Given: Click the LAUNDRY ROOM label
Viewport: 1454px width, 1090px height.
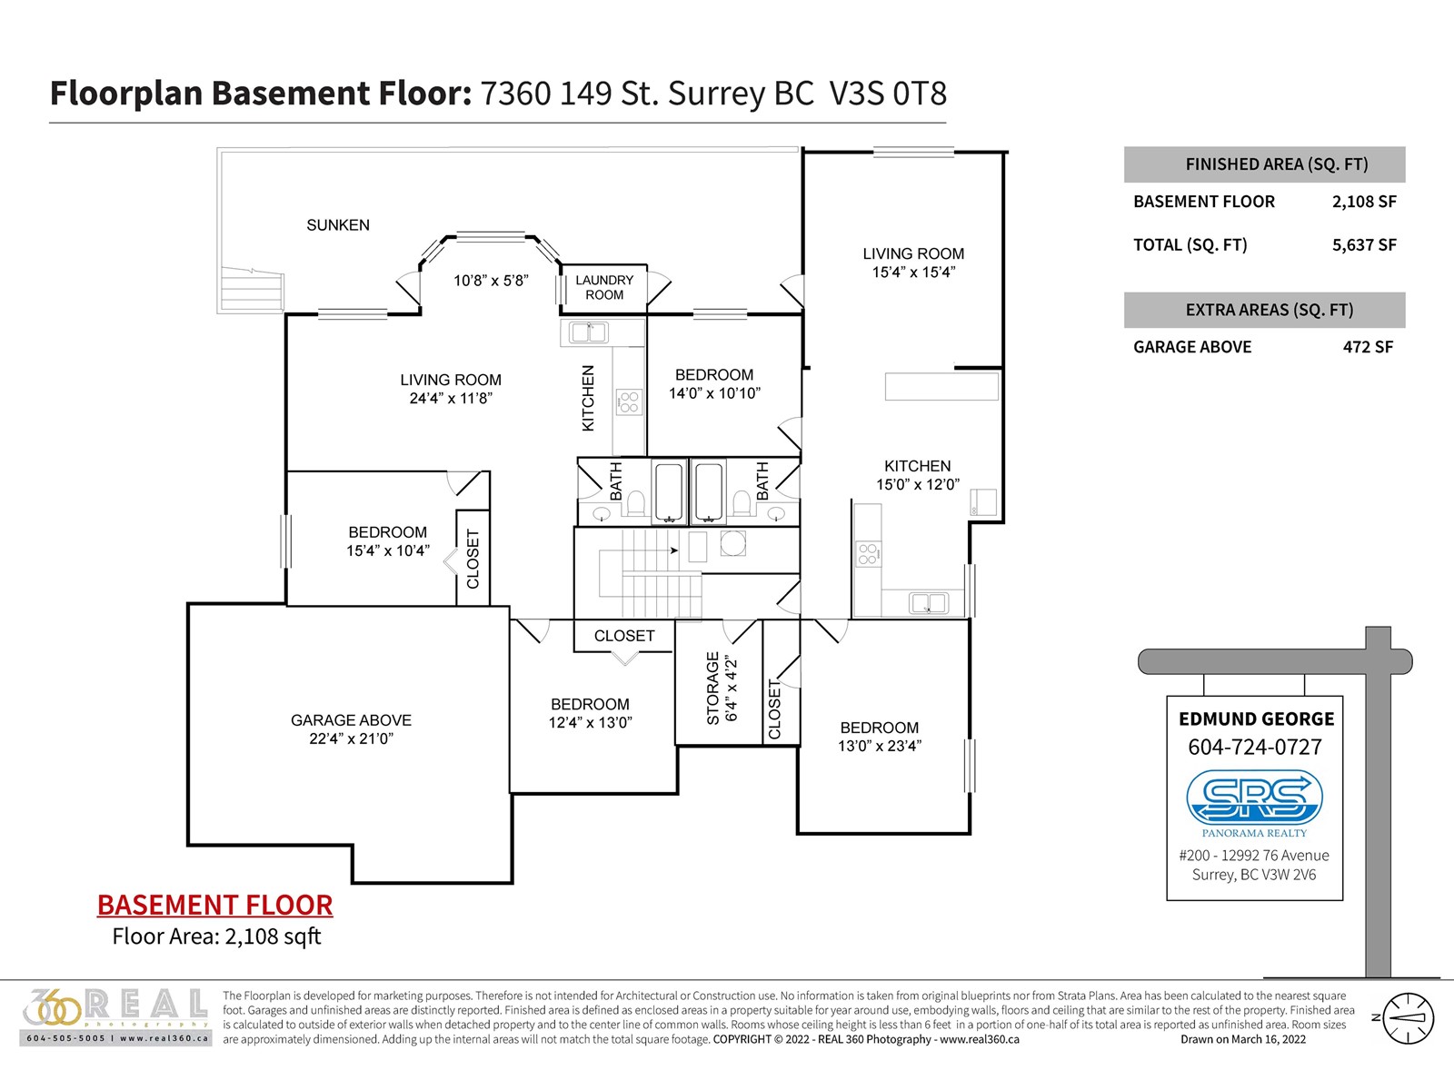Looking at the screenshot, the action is [604, 287].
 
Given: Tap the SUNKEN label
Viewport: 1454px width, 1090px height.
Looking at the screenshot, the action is [338, 225].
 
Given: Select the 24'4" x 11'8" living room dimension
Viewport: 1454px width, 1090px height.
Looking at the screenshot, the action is [451, 398].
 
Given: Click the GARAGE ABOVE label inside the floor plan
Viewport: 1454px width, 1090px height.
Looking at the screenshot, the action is [351, 720].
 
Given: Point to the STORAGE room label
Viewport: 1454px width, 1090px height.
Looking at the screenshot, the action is [712, 689].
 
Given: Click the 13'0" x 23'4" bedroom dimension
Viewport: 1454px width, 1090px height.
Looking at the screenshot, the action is [880, 746].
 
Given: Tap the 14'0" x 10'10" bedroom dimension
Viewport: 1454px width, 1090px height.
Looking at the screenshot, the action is [715, 393].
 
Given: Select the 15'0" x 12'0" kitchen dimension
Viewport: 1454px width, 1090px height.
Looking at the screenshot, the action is [918, 484].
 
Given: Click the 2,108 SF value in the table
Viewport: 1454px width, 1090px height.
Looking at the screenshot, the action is [1365, 201].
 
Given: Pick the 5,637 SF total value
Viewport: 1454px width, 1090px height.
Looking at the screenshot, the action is [1365, 245].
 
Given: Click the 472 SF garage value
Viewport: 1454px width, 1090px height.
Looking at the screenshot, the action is [1368, 347].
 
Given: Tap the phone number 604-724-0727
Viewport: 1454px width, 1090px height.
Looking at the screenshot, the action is [1255, 748].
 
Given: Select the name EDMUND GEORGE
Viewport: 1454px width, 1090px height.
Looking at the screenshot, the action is [1256, 719].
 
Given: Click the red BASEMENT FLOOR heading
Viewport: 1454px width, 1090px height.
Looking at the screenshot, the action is [214, 906].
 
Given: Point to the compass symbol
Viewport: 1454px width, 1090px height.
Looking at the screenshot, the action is [1407, 1018].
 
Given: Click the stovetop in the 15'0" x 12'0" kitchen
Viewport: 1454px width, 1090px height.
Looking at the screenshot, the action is [868, 553].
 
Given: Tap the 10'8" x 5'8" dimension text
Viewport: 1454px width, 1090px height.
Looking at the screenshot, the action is [490, 281].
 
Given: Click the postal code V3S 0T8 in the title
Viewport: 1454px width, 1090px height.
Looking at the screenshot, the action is [888, 94].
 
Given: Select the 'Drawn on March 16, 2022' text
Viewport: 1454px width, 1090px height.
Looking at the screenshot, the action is [1242, 1039].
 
